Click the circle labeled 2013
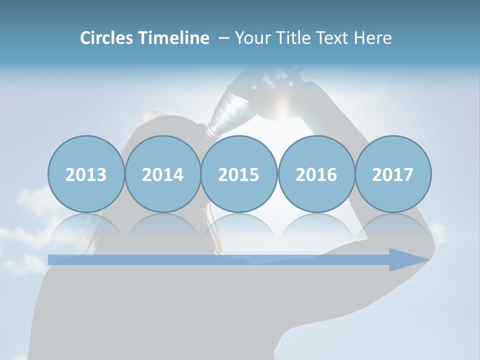pyautogui.click(x=86, y=174)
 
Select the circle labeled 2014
pyautogui.click(x=162, y=174)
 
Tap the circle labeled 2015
pyautogui.click(x=239, y=174)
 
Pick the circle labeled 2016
pyautogui.click(x=316, y=174)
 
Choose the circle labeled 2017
pyautogui.click(x=392, y=174)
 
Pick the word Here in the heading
pyautogui.click(x=373, y=38)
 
